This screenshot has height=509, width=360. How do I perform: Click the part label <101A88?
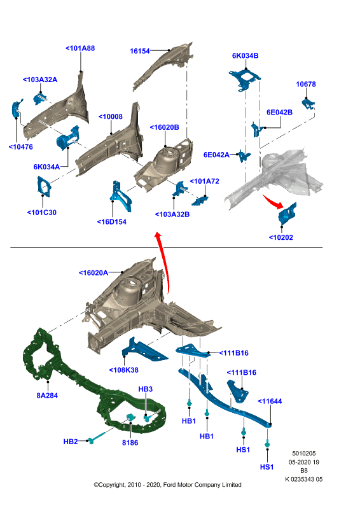pyautogui.click(x=80, y=48)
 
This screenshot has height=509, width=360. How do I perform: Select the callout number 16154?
pyautogui.click(x=139, y=51)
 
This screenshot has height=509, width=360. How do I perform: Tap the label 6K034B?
pyautogui.click(x=245, y=55)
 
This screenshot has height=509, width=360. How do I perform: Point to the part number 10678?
pyautogui.click(x=306, y=84)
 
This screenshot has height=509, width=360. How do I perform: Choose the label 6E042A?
pyautogui.click(x=216, y=155)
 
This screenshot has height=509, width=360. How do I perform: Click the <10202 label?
pyautogui.click(x=280, y=237)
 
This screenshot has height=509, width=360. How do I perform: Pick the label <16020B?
pyautogui.click(x=164, y=127)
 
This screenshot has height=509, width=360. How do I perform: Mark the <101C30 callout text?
pyautogui.click(x=41, y=213)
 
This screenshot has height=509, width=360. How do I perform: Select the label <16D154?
pyautogui.click(x=112, y=221)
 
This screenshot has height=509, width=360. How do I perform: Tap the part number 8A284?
pyautogui.click(x=47, y=395)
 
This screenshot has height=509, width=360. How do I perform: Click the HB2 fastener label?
pyautogui.click(x=71, y=442)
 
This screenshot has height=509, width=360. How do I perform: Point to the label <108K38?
pyautogui.click(x=123, y=370)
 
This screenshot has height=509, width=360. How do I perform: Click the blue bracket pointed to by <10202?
pyautogui.click(x=287, y=213)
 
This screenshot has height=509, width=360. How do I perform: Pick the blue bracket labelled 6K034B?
pyautogui.click(x=244, y=80)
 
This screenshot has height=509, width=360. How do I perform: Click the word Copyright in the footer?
pyautogui.click(x=112, y=485)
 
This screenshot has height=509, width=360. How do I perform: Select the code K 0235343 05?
pyautogui.click(x=304, y=479)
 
